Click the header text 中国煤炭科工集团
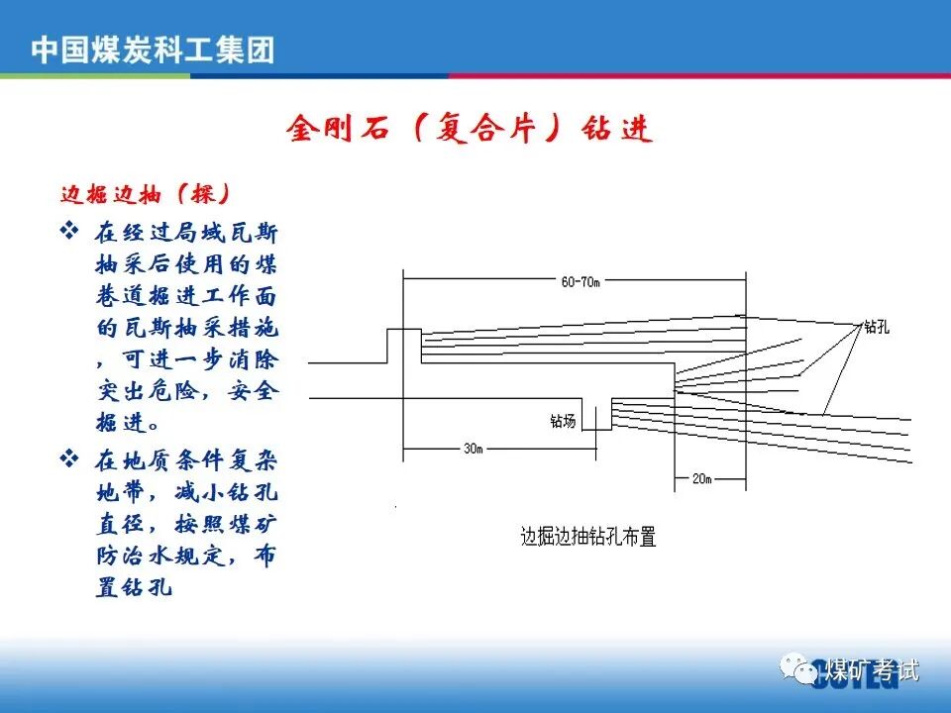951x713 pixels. [153, 50]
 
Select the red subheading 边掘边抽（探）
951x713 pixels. [147, 193]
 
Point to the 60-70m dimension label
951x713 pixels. [581, 282]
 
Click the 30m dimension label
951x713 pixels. [474, 448]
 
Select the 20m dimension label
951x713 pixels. [701, 479]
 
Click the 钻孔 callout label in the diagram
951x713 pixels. [876, 327]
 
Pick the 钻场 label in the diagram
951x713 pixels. [563, 422]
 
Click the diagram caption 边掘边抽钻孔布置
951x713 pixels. [588, 538]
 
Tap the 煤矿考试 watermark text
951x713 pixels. [873, 670]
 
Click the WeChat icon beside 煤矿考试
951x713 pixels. [795, 670]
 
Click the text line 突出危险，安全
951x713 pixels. [187, 391]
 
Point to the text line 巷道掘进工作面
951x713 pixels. [187, 297]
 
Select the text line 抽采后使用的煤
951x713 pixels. [187, 265]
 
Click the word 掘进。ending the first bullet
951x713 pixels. [127, 423]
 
